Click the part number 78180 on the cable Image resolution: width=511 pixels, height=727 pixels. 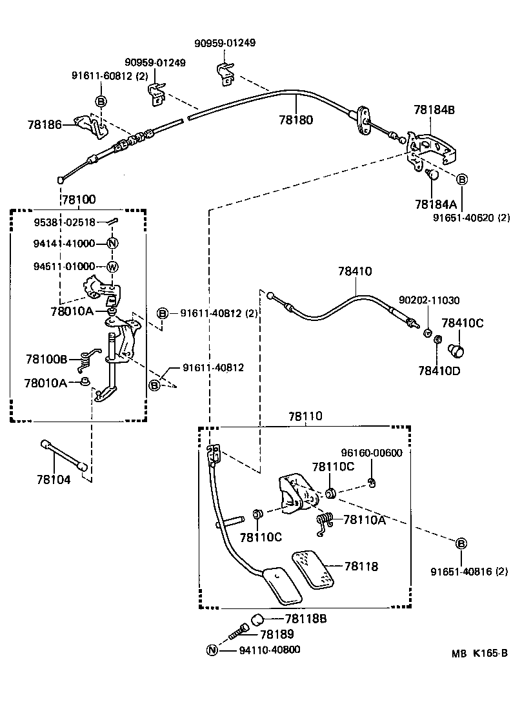(296, 120)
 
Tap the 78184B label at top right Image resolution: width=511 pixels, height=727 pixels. (434, 110)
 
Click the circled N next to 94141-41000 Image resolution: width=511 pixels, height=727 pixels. (112, 244)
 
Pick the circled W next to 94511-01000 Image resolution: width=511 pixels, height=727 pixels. (112, 267)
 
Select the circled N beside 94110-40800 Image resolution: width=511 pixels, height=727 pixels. (211, 650)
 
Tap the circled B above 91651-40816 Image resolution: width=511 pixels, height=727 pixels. (461, 544)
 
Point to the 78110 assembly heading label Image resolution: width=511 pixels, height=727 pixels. (305, 418)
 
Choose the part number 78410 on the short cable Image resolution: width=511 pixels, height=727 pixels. (354, 272)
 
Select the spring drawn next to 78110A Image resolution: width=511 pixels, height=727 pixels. (325, 523)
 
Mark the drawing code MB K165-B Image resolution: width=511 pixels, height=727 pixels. (479, 653)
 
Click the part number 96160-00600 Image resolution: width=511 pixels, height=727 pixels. (371, 452)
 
